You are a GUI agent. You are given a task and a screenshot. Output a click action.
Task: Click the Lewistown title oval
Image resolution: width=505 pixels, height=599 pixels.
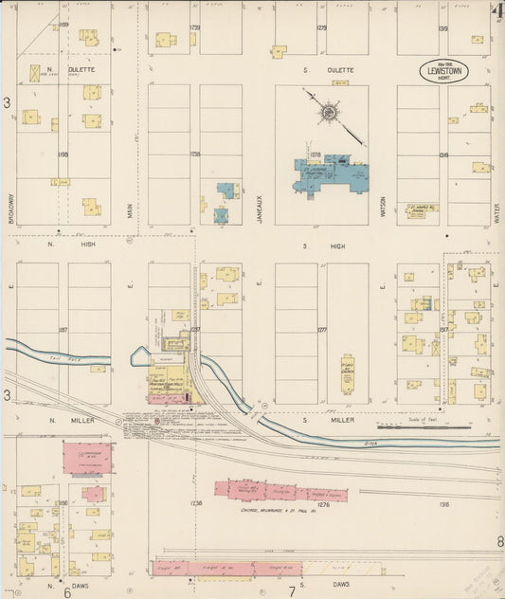pyautogui.click(x=448, y=73)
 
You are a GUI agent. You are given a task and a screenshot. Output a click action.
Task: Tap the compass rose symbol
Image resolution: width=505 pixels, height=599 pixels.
pyautogui.click(x=328, y=113)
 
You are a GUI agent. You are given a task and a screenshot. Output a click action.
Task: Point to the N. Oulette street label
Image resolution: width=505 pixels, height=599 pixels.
pyautogui.click(x=81, y=69)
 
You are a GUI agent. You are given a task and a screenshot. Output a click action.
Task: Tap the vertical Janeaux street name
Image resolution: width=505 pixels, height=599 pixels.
pyautogui.click(x=258, y=205)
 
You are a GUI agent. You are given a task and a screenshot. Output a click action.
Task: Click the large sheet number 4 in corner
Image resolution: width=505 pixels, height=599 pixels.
pyautogui.click(x=496, y=10)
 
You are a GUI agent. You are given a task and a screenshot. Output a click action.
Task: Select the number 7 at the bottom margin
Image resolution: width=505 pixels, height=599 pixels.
pyautogui.click(x=291, y=591)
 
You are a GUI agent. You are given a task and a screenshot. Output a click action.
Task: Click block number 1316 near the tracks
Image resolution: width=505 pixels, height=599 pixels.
pyautogui.click(x=443, y=504)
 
